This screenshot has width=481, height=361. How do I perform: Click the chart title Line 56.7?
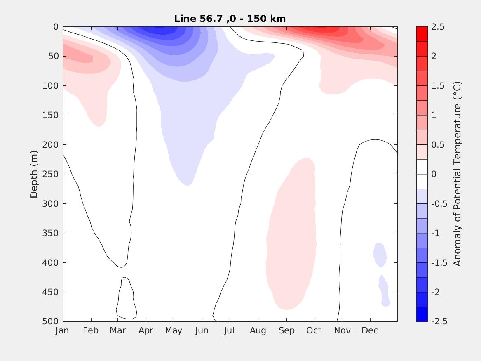(x=230, y=19)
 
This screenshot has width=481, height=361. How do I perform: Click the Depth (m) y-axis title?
(x=34, y=174)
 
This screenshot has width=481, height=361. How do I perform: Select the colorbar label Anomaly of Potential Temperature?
(x=457, y=174)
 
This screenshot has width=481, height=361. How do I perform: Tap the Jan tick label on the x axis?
(x=62, y=330)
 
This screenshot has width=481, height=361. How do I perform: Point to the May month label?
(x=174, y=330)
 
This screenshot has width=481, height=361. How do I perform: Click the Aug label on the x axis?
(x=258, y=330)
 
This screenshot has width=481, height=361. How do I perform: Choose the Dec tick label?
(x=370, y=330)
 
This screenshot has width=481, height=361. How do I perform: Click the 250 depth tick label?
(x=51, y=174)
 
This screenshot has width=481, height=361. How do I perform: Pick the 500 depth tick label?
(x=51, y=321)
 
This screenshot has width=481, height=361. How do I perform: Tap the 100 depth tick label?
(x=51, y=86)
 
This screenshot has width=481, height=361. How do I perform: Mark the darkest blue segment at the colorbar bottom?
(x=422, y=314)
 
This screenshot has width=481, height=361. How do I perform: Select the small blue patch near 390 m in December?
(x=380, y=254)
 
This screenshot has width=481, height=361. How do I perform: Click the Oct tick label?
(x=314, y=330)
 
